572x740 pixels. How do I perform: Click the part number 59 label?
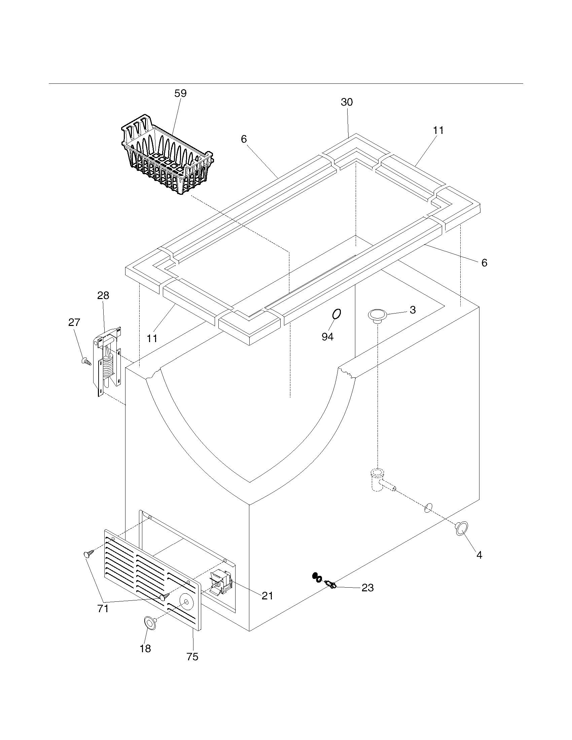tap(180, 94)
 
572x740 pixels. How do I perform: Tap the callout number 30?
tap(347, 102)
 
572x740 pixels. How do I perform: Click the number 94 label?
tap(327, 336)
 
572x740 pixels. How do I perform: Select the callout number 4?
tap(479, 555)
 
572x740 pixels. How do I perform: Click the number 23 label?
tap(367, 588)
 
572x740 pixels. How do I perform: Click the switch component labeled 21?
tap(220, 582)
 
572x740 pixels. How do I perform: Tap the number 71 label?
tap(103, 608)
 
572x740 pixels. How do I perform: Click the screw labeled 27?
tap(86, 361)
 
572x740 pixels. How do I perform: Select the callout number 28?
tap(103, 295)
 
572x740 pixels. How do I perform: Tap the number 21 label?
tap(267, 595)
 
